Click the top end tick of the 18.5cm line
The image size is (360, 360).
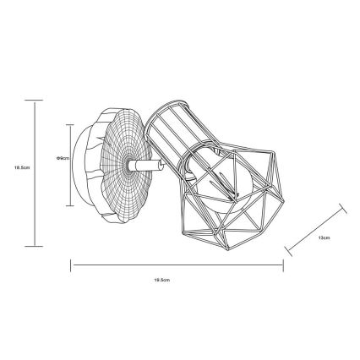click(x=34, y=100)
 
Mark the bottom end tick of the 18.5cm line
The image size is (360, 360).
click(x=34, y=246)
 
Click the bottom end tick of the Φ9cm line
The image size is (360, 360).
click(x=71, y=205)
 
